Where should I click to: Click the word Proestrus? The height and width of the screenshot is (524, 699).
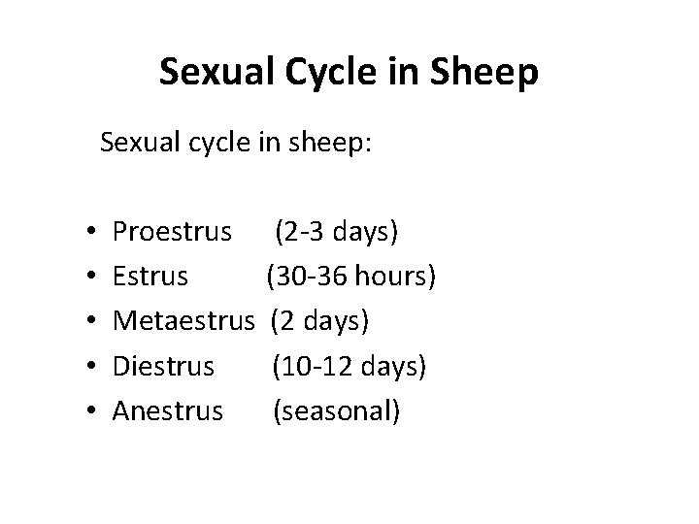coord(173,232)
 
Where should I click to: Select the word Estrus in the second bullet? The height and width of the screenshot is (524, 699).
coord(150,277)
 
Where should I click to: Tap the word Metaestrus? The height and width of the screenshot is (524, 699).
coord(187,321)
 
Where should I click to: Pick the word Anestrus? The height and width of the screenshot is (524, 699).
coord(168,410)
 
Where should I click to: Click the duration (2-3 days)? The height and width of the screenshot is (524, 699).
coord(336,232)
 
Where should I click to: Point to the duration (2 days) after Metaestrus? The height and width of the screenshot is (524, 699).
coord(320,321)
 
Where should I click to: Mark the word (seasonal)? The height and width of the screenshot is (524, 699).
coord(336,410)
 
